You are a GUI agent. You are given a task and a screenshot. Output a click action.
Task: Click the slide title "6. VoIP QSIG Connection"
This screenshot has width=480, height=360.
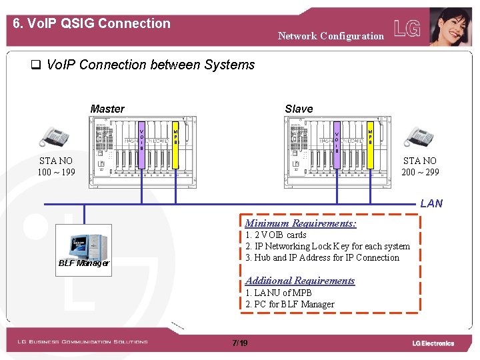(92, 23)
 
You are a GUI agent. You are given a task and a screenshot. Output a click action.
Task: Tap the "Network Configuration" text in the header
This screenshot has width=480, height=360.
(331, 36)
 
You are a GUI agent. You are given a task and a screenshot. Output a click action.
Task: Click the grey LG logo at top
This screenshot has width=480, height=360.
(407, 28)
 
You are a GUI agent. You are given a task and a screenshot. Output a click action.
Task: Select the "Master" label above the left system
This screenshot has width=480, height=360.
(107, 109)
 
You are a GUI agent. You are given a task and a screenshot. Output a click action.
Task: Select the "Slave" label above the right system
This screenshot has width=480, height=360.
(298, 109)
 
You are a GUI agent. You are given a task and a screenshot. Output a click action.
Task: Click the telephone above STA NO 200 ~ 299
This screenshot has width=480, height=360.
(420, 137)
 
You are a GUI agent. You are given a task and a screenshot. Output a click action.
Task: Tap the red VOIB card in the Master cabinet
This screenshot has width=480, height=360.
(141, 137)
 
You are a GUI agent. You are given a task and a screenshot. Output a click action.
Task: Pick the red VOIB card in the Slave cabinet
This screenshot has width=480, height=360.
(337, 139)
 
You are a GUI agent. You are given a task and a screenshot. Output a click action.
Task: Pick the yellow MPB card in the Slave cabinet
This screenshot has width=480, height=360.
(370, 135)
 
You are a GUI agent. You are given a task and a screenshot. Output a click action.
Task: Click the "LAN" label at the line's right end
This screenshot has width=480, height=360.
(431, 203)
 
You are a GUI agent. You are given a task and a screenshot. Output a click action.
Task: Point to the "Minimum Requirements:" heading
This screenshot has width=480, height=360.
(300, 223)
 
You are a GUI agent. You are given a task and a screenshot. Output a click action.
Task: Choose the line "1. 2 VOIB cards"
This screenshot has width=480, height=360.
(276, 235)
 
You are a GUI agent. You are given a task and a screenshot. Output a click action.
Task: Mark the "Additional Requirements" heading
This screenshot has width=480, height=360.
(300, 281)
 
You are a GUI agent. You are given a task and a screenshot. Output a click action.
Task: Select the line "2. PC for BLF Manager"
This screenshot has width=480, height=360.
(290, 304)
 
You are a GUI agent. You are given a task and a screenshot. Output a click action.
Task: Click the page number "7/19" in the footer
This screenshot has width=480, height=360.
(239, 343)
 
